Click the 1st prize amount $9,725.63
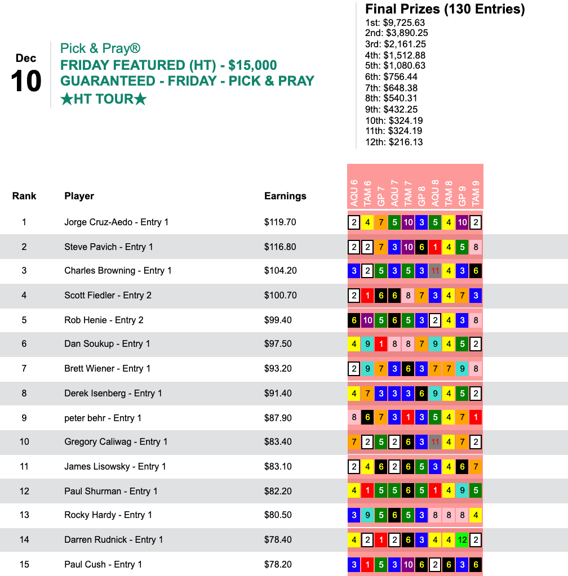[x=394, y=23]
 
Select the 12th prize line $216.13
[x=394, y=142]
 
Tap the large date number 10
[x=26, y=82]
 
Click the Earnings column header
[x=285, y=196]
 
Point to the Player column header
[x=79, y=196]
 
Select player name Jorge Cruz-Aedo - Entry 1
[x=116, y=222]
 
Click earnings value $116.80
[x=280, y=247]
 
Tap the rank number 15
[x=24, y=564]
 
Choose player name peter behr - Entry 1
[x=103, y=418]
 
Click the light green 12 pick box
[x=462, y=539]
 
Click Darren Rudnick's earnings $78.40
[x=278, y=539]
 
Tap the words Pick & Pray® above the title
[x=100, y=48]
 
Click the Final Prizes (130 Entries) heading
[x=445, y=9]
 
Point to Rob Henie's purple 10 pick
[x=367, y=320]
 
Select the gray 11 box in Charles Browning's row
[x=435, y=270]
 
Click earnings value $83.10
[x=278, y=466]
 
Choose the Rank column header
[x=24, y=196]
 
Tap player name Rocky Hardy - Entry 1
[x=108, y=515]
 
